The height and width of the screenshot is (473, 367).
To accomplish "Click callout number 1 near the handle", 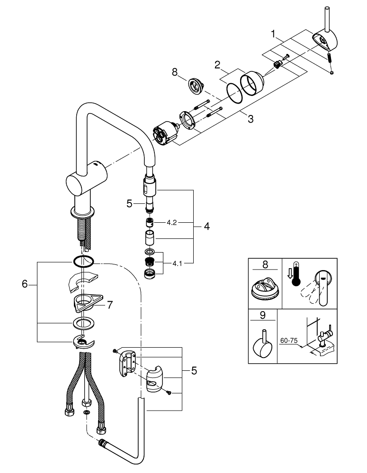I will click(273, 34).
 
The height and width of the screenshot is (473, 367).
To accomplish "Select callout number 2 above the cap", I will click(217, 64).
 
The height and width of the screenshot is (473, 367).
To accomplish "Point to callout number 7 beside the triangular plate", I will click(109, 306).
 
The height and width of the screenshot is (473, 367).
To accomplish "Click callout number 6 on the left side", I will click(25, 284).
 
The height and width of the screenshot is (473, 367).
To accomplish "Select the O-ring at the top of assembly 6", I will click(84, 261).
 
